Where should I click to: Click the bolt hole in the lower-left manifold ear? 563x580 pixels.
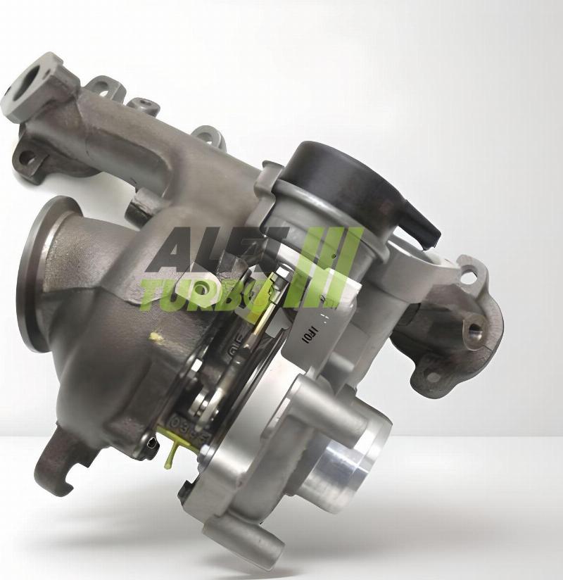29,159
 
